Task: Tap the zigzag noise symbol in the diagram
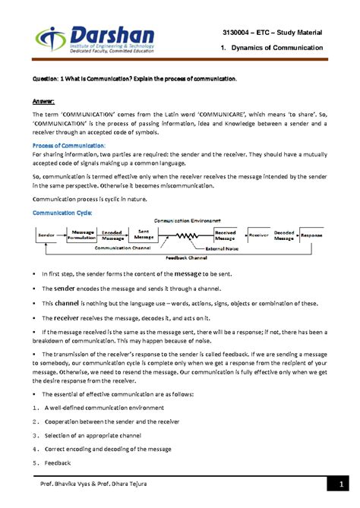[x=186, y=236]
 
